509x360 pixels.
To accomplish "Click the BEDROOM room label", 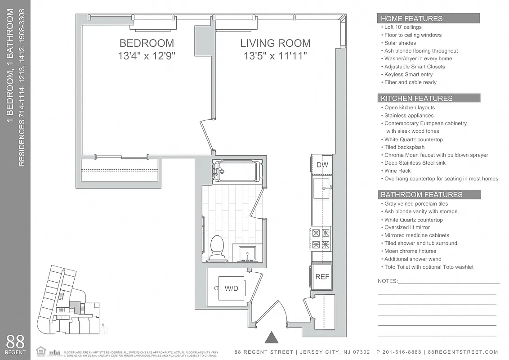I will (x=147, y=43).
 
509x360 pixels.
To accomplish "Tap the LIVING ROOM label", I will (x=275, y=43).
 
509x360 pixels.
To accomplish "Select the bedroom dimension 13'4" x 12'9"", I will (x=147, y=56).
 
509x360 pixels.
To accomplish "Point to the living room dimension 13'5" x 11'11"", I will (x=275, y=56).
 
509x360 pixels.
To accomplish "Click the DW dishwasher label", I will (x=322, y=165).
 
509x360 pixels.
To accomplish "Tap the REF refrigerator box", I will (x=322, y=277).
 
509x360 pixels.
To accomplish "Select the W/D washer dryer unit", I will (x=231, y=288).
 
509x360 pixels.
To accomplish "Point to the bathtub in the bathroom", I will (x=237, y=171).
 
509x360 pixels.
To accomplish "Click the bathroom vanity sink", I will (x=246, y=253).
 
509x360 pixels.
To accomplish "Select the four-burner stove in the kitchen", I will (x=321, y=239).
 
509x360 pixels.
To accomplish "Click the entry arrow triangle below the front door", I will (x=271, y=337).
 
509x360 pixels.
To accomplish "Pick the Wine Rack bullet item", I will (x=397, y=171).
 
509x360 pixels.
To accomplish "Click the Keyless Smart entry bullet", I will (x=408, y=74).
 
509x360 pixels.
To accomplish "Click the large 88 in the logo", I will (x=15, y=341).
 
